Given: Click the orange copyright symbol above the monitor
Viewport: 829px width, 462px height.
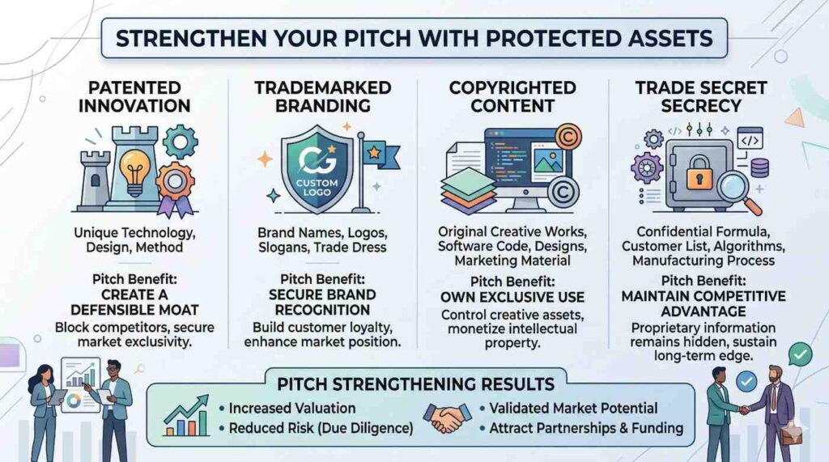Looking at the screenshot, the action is tap(568, 138).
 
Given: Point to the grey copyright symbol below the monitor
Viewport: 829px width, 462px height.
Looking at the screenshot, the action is tap(563, 193).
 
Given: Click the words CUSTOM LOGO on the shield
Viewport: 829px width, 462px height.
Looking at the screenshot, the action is tap(317, 187).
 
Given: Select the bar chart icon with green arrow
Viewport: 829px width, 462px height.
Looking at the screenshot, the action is tap(186, 416).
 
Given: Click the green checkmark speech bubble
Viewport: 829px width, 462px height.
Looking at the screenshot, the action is tap(799, 354).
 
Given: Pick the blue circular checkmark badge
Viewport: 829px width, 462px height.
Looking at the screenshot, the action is tap(746, 382).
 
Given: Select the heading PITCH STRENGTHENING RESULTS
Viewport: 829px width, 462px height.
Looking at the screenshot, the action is tap(415, 384).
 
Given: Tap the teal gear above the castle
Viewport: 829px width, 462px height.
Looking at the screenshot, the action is tap(180, 141).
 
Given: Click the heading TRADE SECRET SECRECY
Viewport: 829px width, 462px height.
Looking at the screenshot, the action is tap(701, 97).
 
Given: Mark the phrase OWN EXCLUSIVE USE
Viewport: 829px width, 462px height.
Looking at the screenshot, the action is tap(512, 298).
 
